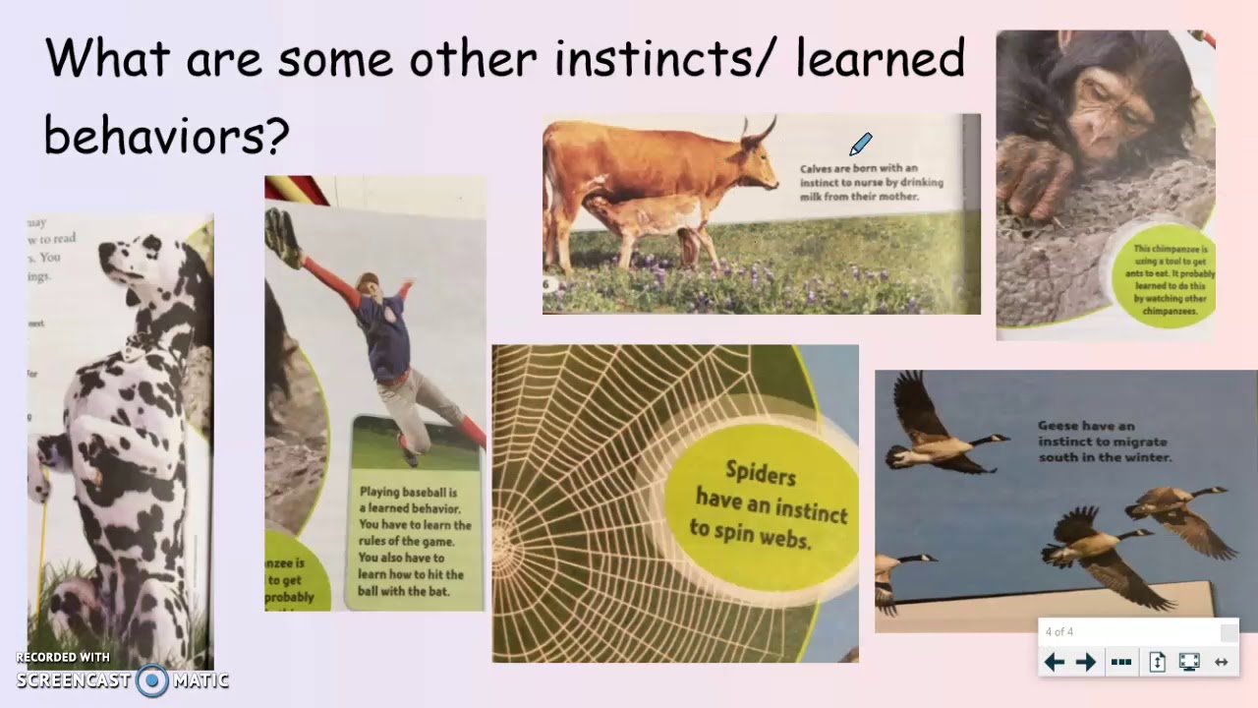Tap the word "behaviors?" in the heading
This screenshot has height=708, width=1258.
point(166,136)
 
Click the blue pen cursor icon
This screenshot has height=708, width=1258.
point(860,145)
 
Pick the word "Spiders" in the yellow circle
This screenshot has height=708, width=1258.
point(760,473)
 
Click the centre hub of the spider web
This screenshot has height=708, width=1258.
point(503,540)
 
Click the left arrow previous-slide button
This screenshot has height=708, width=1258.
point(1054,662)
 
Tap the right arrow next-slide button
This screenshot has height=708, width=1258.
point(1086,662)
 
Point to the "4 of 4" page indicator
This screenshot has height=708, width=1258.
point(1059,631)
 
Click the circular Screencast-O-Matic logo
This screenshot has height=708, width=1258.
point(152,679)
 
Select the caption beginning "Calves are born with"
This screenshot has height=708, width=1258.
point(871,182)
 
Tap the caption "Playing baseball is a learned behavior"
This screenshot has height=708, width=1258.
point(415,540)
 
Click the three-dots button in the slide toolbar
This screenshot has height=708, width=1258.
point(1120,662)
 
